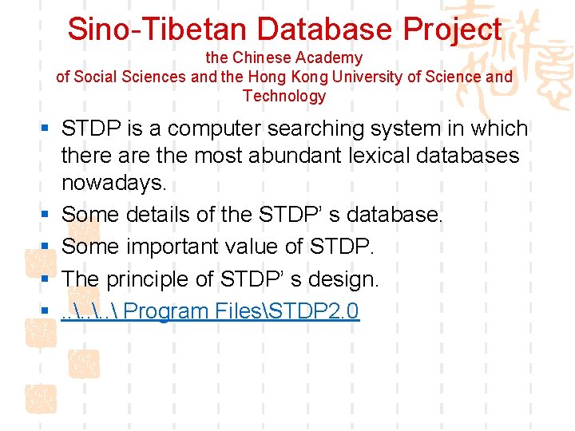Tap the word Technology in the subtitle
pyautogui.click(x=284, y=97)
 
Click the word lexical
pyautogui.click(x=377, y=156)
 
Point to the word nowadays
pyautogui.click(x=114, y=183)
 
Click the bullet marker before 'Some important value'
pyautogui.click(x=48, y=247)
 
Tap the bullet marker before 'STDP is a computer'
pyautogui.click(x=48, y=129)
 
